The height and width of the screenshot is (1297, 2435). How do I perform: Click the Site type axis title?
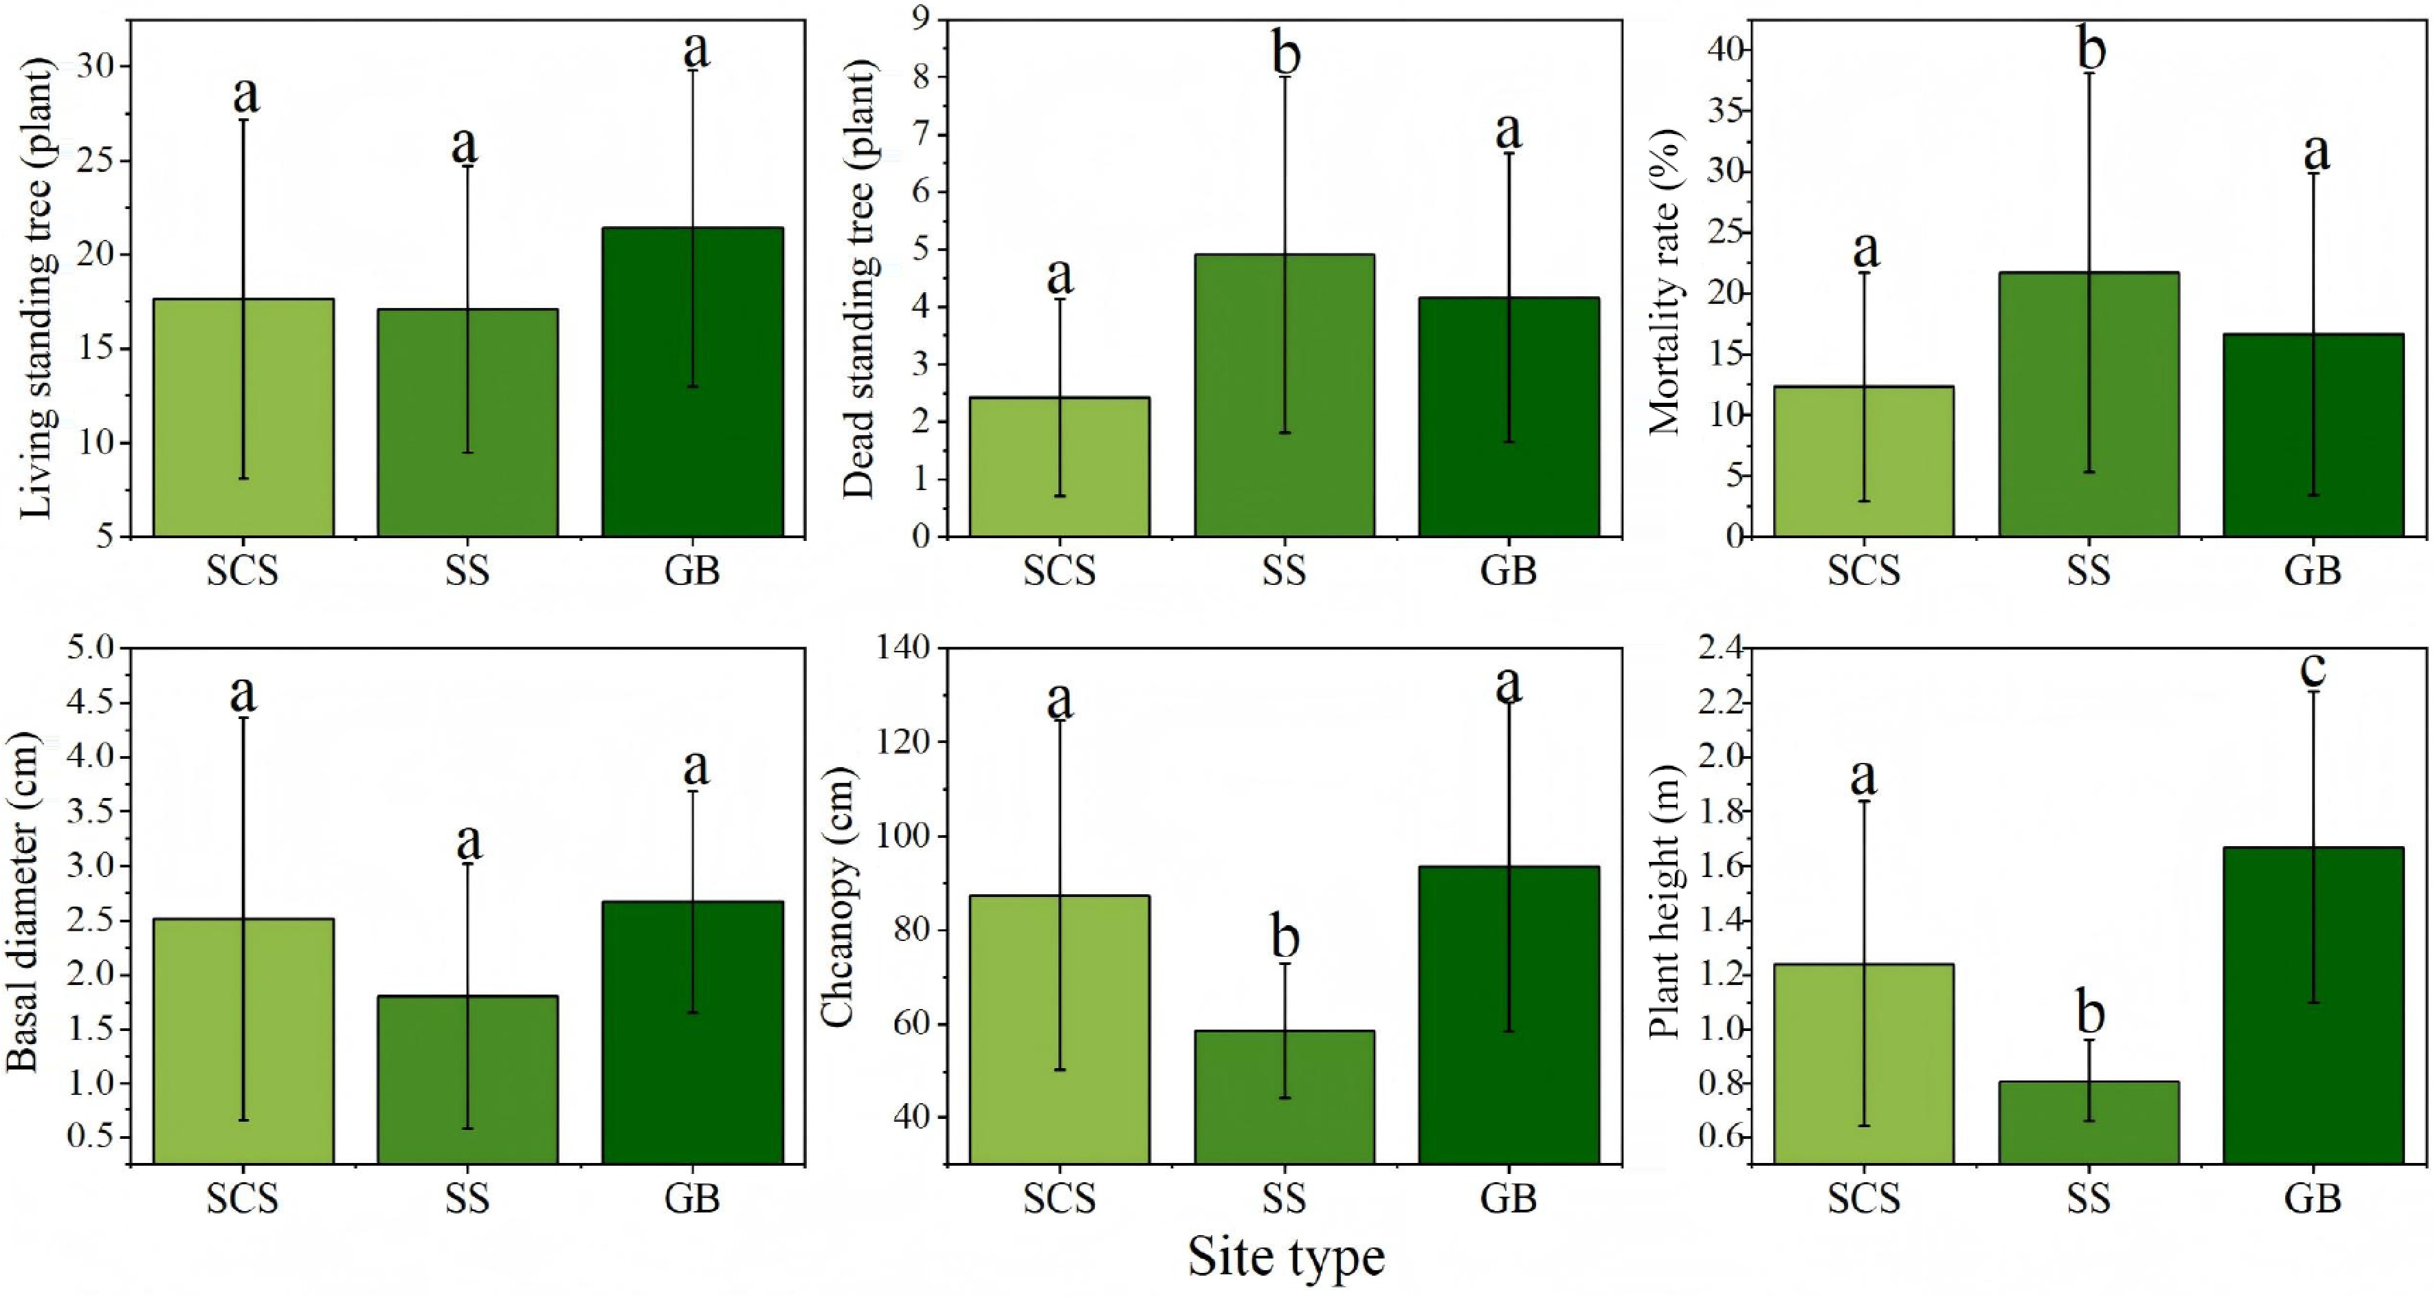[x=1287, y=1257]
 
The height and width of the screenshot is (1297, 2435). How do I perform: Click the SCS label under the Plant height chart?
[x=1863, y=1199]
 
